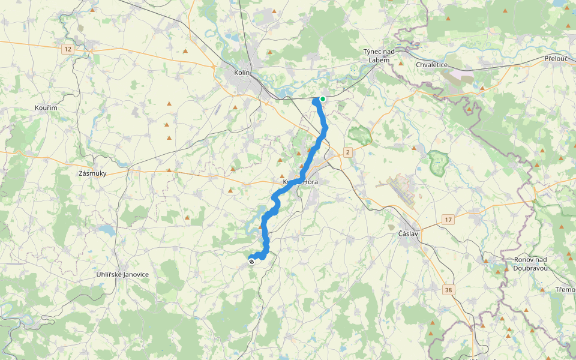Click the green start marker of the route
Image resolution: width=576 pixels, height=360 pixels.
point(323,99)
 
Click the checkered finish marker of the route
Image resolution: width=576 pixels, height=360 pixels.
point(251,261)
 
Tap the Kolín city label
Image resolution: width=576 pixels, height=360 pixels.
point(242,73)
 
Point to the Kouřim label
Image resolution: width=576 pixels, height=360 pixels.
point(46,107)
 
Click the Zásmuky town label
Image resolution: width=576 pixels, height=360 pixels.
point(92,173)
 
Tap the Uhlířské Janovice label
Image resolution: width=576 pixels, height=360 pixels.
point(122,274)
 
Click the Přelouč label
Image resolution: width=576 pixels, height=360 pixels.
point(556,58)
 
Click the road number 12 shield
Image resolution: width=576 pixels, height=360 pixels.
point(68,49)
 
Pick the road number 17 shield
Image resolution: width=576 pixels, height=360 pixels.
point(448,220)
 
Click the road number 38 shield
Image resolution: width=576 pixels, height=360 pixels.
point(448,290)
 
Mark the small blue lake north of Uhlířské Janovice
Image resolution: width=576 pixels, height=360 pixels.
point(107,230)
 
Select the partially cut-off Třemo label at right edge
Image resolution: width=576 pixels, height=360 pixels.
point(565,290)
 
